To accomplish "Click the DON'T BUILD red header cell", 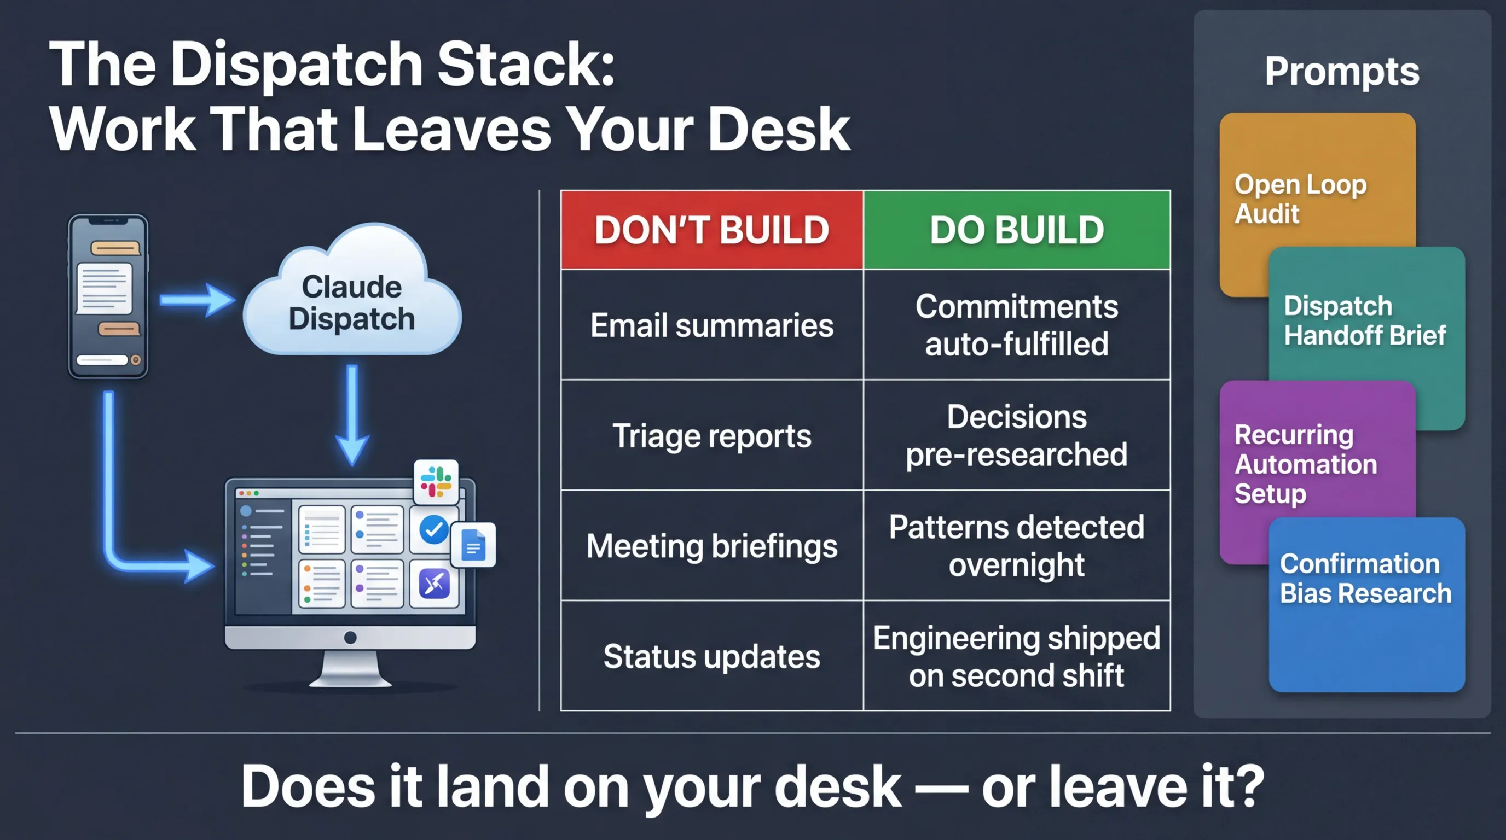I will pyautogui.click(x=711, y=230).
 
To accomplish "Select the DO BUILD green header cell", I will pyautogui.click(x=1017, y=230).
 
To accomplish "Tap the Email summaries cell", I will pyautogui.click(x=711, y=325).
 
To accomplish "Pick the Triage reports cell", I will pyautogui.click(x=711, y=435).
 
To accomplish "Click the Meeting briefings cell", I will pyautogui.click(x=711, y=546).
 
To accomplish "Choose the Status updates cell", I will pyautogui.click(x=711, y=656).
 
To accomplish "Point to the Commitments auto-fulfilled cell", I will pyautogui.click(x=1017, y=325).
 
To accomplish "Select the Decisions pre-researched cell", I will pyautogui.click(x=1017, y=435).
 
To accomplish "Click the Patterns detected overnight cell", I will pyautogui.click(x=1017, y=546).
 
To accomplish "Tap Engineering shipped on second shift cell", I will pyautogui.click(x=1017, y=656).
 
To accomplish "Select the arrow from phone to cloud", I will pyautogui.click(x=196, y=300).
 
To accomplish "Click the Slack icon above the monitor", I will pyautogui.click(x=436, y=482).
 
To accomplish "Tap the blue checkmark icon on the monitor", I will pyautogui.click(x=434, y=530).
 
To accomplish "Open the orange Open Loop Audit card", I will pyautogui.click(x=1301, y=199).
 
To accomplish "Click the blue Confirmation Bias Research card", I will pyautogui.click(x=1366, y=608).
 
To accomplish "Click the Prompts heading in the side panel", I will pyautogui.click(x=1342, y=71).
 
